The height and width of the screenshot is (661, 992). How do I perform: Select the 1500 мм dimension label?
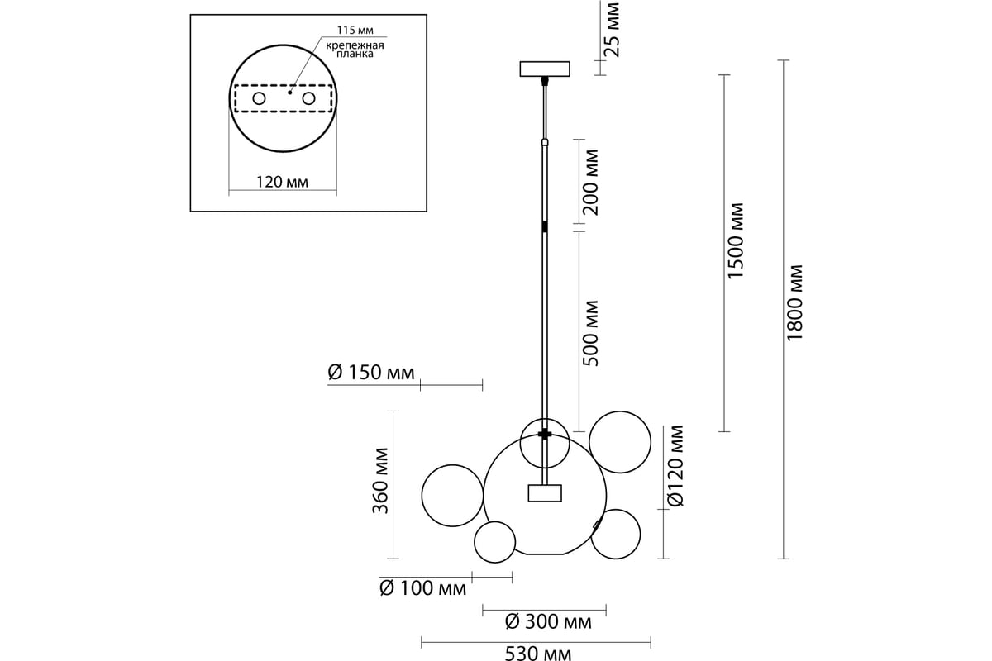736,240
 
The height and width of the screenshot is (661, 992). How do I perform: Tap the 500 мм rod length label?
590,333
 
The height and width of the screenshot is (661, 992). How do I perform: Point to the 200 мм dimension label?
590,182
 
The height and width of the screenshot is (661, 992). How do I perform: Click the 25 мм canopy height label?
612,29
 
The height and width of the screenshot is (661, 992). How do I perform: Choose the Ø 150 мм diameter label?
371,373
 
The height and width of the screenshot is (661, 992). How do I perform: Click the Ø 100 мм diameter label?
422,589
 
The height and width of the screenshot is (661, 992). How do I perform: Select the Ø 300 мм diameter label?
547,622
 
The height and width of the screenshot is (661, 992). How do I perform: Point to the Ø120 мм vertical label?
676,465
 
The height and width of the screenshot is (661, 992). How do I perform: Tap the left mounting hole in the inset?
260,99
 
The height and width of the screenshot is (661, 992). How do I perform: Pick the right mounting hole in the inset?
309,99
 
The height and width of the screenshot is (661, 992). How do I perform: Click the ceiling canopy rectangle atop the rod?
545,69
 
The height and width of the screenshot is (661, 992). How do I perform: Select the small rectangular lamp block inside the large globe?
545,493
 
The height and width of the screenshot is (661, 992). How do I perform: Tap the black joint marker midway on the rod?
545,226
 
